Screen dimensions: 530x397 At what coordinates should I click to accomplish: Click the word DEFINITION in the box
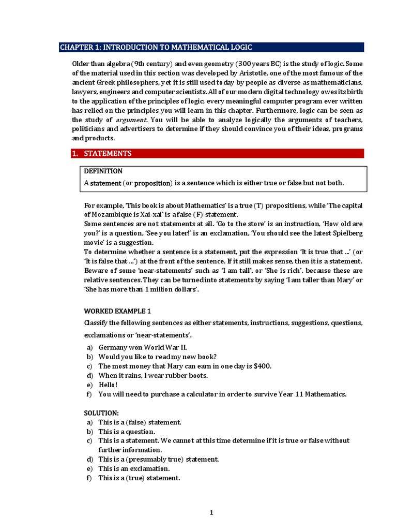[x=103, y=171]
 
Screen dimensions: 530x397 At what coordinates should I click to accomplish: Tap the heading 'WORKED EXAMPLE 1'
[x=117, y=311]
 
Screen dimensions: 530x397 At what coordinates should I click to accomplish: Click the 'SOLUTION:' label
[x=101, y=413]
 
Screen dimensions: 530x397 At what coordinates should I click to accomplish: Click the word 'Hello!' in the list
[x=108, y=385]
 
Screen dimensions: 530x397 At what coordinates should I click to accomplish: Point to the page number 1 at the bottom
[x=211, y=513]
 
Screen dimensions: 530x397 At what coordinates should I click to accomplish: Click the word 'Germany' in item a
[x=113, y=347]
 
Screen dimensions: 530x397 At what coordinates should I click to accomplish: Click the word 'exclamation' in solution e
[x=155, y=468]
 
